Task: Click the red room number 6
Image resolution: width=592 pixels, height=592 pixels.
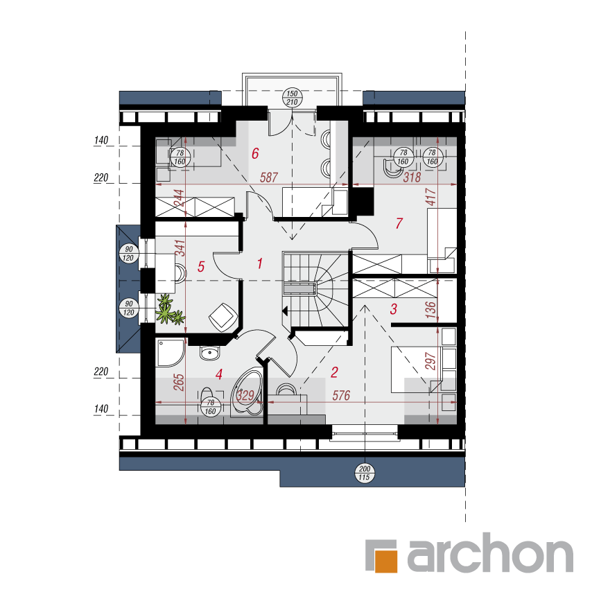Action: [x=255, y=153]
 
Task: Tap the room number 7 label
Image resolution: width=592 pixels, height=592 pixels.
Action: [x=399, y=223]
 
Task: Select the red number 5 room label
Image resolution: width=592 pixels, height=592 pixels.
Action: [x=201, y=267]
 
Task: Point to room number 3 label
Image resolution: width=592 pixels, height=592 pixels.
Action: [x=394, y=309]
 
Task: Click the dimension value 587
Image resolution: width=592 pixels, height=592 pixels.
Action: [x=269, y=177]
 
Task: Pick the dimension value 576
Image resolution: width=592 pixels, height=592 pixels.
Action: [x=341, y=395]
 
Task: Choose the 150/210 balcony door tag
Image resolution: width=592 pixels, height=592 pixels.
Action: [x=293, y=98]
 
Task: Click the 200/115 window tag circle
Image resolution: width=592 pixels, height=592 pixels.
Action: [x=365, y=473]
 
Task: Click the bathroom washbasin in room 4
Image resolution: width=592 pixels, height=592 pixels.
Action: [x=209, y=354]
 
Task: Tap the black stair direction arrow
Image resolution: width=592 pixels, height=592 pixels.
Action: [x=285, y=311]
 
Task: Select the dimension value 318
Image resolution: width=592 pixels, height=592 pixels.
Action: [x=412, y=177]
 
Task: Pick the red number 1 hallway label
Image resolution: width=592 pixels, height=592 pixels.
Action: [x=260, y=263]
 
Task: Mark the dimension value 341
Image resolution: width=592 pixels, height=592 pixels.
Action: [x=181, y=247]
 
